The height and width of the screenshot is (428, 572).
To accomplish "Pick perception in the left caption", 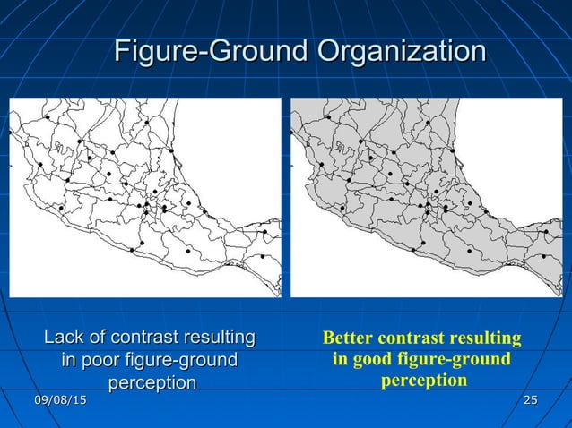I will point(152,382).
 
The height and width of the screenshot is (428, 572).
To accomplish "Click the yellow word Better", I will point(348,338).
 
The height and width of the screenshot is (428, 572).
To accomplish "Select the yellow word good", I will point(370,359).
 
